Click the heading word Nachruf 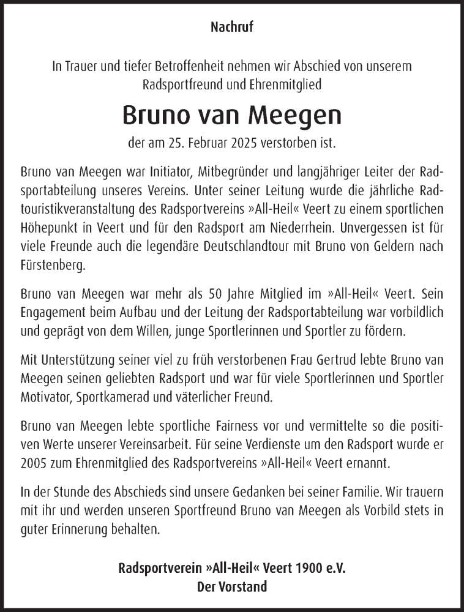232,27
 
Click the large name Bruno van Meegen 232,115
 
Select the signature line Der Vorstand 232,586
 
